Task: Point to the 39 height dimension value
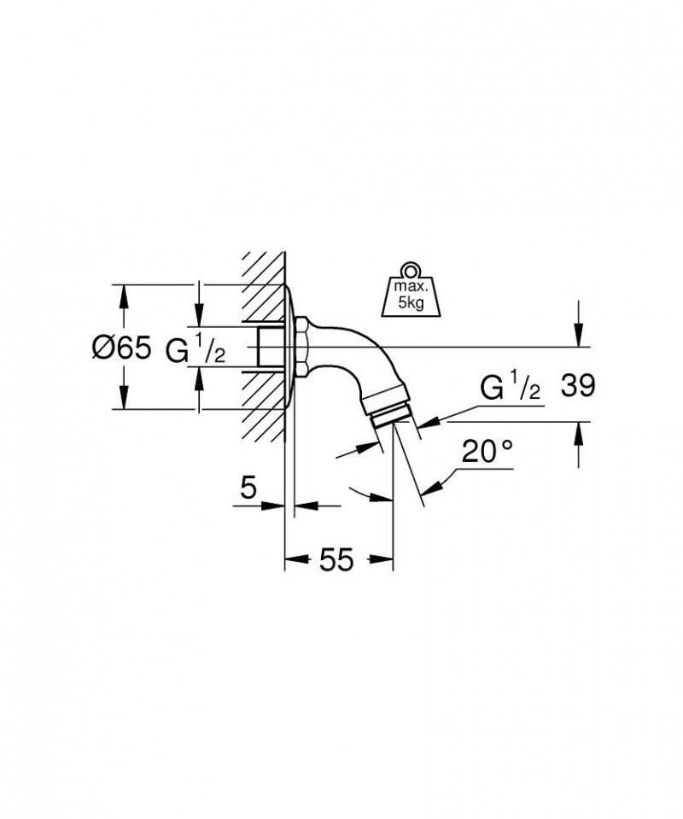click(x=577, y=387)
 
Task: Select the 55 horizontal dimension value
click(x=336, y=560)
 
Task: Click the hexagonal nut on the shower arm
click(x=303, y=348)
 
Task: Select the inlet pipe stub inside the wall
click(x=271, y=348)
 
